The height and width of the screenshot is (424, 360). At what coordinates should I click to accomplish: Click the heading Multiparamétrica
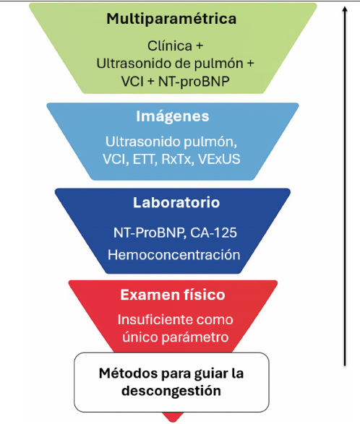click(171, 20)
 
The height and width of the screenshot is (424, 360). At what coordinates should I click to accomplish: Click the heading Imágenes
click(172, 116)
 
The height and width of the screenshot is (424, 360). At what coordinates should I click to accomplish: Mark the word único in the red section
click(135, 337)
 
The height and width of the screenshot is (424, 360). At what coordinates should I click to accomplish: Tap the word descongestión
click(171, 392)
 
